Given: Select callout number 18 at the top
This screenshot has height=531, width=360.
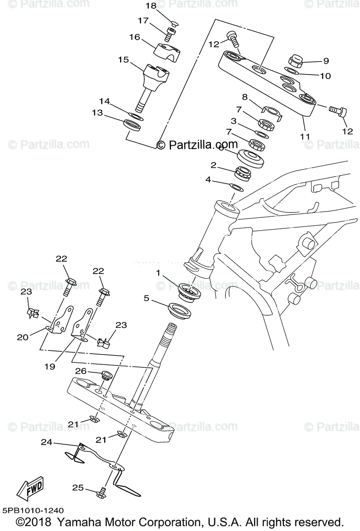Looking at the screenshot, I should pos(151,6).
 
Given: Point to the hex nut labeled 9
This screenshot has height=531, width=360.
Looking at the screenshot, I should pos(294,60).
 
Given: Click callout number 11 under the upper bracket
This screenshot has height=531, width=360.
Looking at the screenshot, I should pos(305,136).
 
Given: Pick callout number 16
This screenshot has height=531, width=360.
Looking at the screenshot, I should pos(134,37).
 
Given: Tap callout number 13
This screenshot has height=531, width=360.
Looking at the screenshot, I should pos(97,113).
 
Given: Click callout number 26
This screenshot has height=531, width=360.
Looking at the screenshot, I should pos(80,372).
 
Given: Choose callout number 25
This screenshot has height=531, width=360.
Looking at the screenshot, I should pos(78,488).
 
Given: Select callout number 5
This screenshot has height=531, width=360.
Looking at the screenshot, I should pos(146,298).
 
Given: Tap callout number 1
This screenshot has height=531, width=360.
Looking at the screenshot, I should pos(158,273).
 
